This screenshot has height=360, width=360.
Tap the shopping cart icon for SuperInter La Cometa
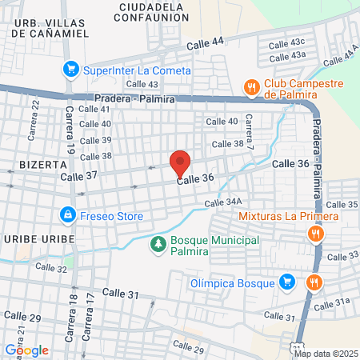coord(71,70)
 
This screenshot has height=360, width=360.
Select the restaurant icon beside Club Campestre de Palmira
coord(250,86)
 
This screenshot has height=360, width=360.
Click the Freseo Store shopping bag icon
coord(68,216)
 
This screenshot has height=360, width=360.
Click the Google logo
coord(26,350)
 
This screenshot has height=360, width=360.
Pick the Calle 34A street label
coord(222,203)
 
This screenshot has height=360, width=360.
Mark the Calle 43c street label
coord(287,42)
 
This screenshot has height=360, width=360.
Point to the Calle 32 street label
coord(51,268)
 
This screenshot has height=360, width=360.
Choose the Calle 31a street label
coord(331,302)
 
